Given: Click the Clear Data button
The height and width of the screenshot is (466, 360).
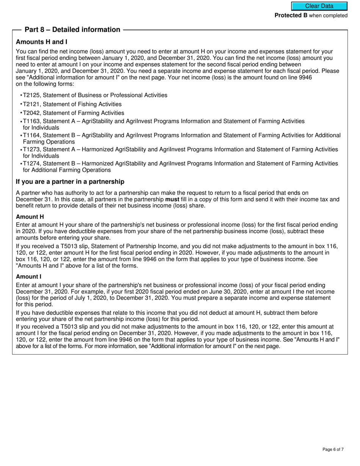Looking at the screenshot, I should click(319, 6).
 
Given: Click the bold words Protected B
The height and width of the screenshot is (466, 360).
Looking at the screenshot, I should click(291, 16).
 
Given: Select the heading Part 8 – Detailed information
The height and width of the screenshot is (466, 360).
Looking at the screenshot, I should click(72, 30).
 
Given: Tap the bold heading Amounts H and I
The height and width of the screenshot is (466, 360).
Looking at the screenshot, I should click(42, 42).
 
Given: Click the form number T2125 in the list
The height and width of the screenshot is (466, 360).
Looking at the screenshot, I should click(31, 95).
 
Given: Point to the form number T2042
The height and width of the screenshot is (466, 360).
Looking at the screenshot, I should click(31, 113).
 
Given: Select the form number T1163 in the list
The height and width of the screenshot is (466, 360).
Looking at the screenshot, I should click(31, 121).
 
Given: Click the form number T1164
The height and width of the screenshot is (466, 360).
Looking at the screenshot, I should click(31, 135).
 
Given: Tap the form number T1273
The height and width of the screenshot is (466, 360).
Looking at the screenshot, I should click(31, 150).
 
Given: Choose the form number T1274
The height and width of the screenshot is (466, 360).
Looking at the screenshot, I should click(31, 164).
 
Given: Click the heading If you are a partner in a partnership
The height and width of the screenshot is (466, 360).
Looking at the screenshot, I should click(70, 182).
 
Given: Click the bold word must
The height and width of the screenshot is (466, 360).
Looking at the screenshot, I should click(172, 199).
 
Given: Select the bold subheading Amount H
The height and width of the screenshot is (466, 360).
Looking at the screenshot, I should click(30, 217).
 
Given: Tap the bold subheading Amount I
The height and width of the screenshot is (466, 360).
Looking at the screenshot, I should click(29, 277).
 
